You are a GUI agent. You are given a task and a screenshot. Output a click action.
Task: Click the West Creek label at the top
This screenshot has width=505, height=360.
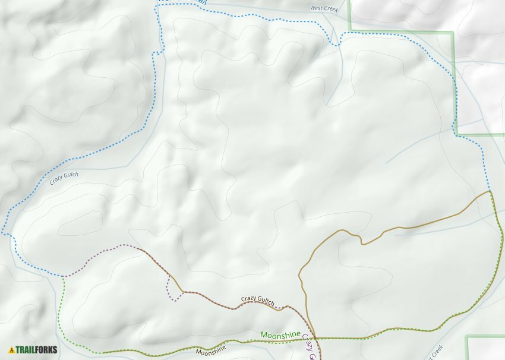click(x=324, y=9)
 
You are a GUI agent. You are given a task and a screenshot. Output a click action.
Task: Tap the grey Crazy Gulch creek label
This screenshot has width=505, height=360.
click(x=64, y=178)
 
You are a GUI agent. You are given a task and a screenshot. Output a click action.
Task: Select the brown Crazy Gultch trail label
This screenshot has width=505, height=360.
click(x=257, y=301)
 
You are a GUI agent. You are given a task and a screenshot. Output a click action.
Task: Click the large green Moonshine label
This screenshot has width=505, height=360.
click(x=280, y=336)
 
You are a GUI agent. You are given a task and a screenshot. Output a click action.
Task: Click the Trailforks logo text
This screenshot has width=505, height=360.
click(x=37, y=350)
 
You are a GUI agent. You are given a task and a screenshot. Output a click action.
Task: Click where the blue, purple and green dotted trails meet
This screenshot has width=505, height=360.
click(x=64, y=276)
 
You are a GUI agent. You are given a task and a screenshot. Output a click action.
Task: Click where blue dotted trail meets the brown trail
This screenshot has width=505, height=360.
click(x=490, y=191)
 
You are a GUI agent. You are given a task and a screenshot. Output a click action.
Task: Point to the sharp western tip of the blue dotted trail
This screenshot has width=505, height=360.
click(x=2, y=233)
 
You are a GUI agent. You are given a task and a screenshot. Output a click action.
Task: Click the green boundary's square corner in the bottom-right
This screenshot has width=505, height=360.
click(x=467, y=338)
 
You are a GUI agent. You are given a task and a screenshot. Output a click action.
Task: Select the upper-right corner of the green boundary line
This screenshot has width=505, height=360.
click(x=453, y=32)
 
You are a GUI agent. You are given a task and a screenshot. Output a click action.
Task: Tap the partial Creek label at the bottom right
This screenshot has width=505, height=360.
click(x=437, y=350)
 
